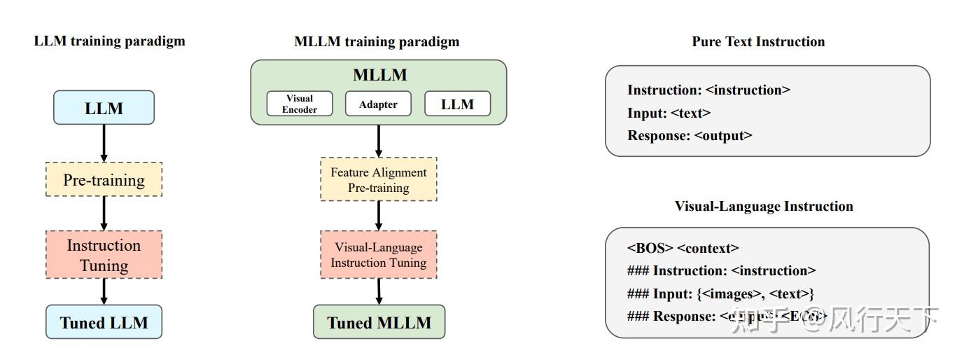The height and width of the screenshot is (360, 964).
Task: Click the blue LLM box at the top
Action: pyautogui.click(x=104, y=108)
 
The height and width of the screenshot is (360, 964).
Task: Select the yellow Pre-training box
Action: pyautogui.click(x=104, y=179)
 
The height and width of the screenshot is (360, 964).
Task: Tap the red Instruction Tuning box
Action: pyautogui.click(x=104, y=255)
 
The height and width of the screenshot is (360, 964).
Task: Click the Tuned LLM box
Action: pyautogui.click(x=104, y=322)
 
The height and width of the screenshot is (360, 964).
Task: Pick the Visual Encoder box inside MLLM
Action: pyautogui.click(x=299, y=104)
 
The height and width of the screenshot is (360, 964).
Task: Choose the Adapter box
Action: pyautogui.click(x=378, y=104)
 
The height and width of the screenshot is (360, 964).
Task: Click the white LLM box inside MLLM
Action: pyautogui.click(x=457, y=104)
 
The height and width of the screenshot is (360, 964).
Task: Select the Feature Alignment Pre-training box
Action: pyautogui.click(x=378, y=180)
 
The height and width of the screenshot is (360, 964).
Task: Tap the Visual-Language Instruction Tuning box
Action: pyautogui.click(x=378, y=255)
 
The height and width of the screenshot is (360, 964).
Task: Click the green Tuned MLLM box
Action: pyautogui.click(x=378, y=322)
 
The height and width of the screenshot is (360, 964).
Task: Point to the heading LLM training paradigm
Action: pyautogui.click(x=110, y=41)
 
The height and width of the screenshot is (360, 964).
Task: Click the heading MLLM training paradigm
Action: pyautogui.click(x=377, y=41)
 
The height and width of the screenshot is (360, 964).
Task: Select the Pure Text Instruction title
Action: pyautogui.click(x=758, y=41)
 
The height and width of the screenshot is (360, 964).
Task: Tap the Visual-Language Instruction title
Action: pyautogui.click(x=764, y=206)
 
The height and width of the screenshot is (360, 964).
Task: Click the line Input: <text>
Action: pyautogui.click(x=669, y=113)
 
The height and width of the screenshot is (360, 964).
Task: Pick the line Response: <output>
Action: pyautogui.click(x=690, y=135)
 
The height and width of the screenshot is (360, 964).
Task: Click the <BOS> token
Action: pyautogui.click(x=650, y=248)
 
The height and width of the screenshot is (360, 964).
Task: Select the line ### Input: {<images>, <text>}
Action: pyautogui.click(x=720, y=293)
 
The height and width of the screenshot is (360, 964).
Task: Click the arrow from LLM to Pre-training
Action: pyautogui.click(x=104, y=143)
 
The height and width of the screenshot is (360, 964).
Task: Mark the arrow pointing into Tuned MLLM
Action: pyautogui.click(x=378, y=291)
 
